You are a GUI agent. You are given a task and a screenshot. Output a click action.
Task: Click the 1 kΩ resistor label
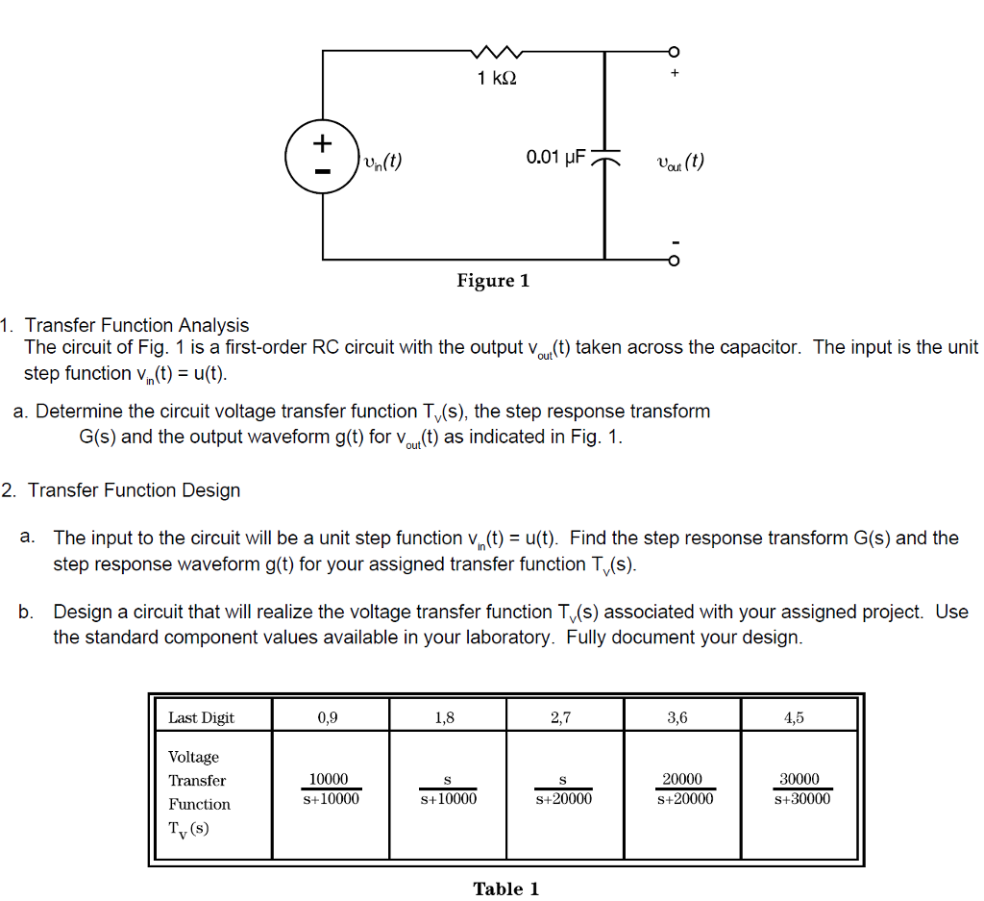coord(497,78)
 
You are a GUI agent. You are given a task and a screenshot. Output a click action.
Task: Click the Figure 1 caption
coord(493,281)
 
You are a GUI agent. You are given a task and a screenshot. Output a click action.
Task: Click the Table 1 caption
coord(506,888)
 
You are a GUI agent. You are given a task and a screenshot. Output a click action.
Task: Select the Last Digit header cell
coord(202,717)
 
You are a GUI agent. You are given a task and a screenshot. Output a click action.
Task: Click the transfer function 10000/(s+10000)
coord(329,788)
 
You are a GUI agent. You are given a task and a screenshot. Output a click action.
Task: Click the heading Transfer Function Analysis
coord(136,326)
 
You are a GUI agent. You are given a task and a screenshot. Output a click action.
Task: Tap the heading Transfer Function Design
coord(134,490)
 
